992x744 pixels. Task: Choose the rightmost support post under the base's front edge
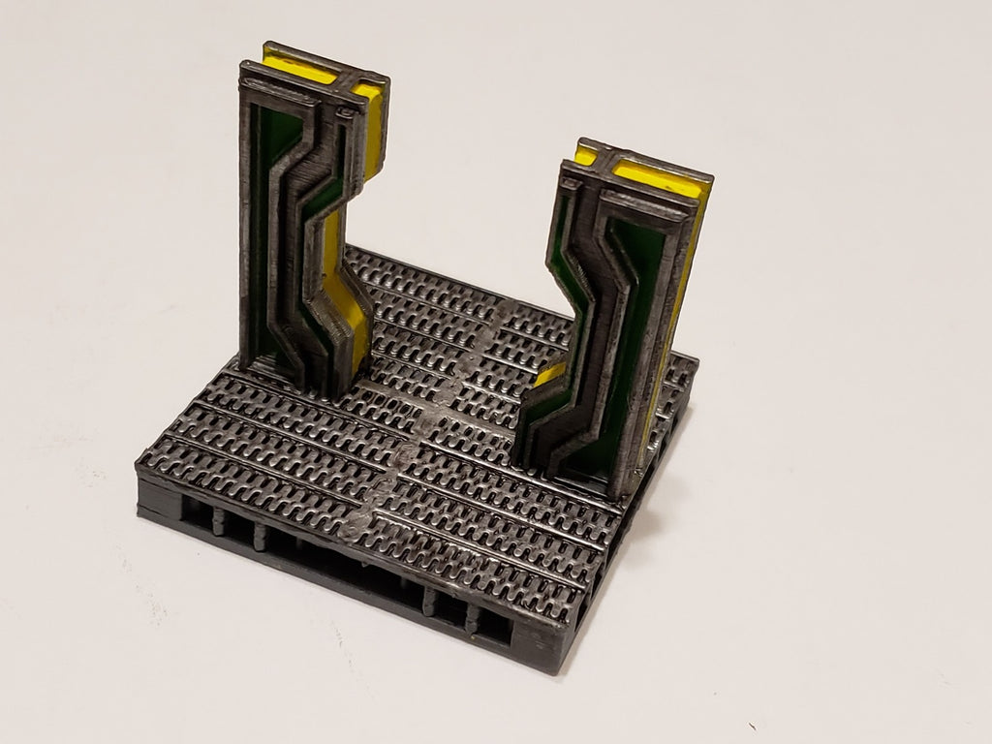pos(474,620)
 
